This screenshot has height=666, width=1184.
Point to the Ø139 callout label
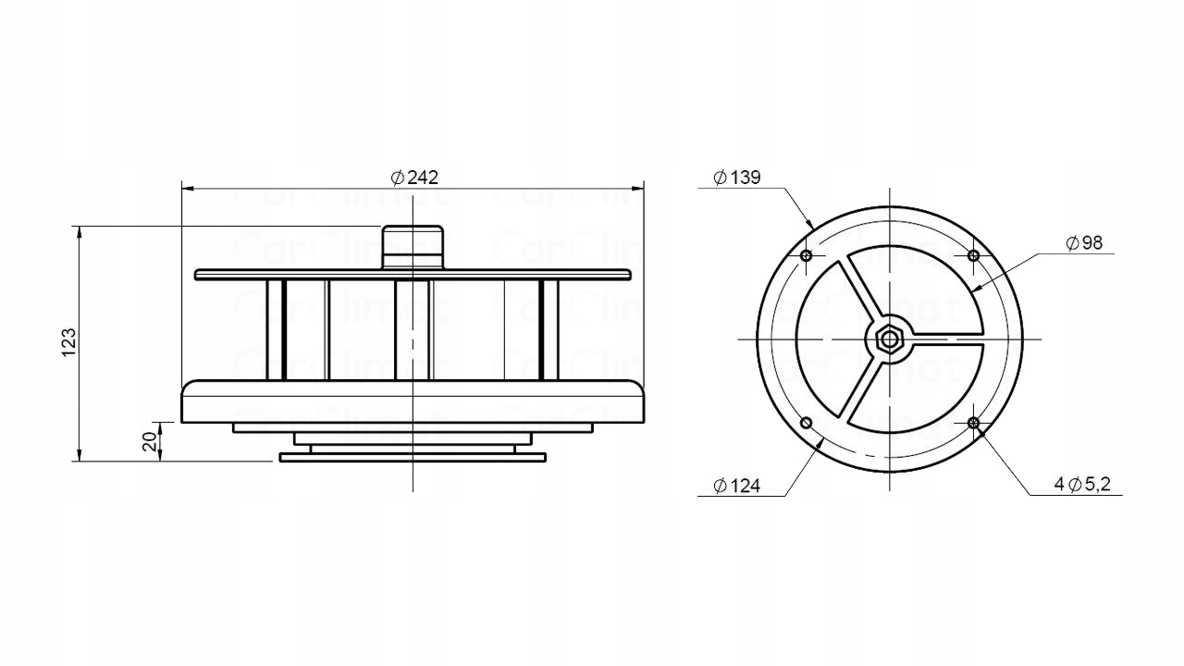point(737,178)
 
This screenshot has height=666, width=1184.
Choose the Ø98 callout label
point(1084,243)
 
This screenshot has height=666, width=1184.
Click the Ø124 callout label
point(737,486)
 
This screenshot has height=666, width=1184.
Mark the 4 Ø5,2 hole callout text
point(1081,484)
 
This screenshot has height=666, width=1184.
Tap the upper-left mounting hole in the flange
point(806,255)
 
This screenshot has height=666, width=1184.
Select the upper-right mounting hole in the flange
point(972,255)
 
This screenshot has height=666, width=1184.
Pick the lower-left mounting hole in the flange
point(806,423)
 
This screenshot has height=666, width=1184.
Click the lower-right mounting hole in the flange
point(972,423)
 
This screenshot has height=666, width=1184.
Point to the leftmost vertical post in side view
point(275,329)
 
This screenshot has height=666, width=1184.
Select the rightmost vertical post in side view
point(549,329)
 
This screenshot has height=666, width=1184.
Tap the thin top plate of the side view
point(413,275)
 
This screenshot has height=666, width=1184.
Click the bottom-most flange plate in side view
point(413,456)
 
